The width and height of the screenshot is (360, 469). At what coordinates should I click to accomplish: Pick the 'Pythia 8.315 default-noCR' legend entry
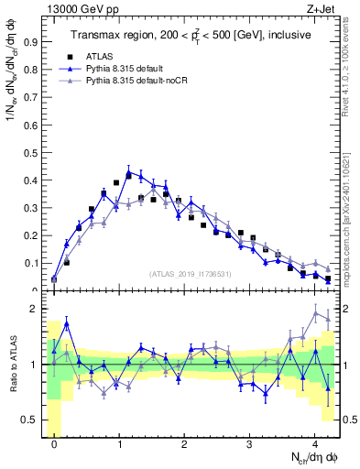pyautogui.click(x=136, y=81)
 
